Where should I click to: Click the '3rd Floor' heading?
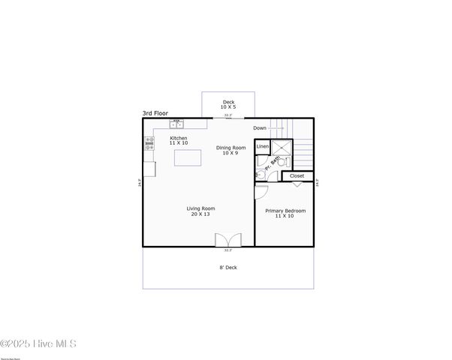tap(155, 113)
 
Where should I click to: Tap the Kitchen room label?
tap(179, 138)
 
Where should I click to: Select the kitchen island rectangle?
tap(188, 157)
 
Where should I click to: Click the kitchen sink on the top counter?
tap(177, 123)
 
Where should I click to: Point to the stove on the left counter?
tap(149, 144)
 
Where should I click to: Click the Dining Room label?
tap(231, 148)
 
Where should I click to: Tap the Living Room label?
tap(201, 208)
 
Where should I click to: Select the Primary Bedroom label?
tap(285, 211)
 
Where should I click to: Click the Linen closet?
tap(263, 146)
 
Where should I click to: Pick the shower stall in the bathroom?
tap(282, 148)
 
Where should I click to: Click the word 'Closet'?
tap(297, 175)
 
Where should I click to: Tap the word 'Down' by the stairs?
tap(260, 128)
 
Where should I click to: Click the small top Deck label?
tap(228, 102)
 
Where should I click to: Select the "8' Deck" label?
tap(228, 268)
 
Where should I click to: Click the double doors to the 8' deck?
tap(228, 240)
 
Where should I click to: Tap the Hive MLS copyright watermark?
tap(38, 344)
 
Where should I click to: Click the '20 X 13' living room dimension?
tap(201, 214)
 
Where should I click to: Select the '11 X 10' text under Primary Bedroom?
tap(285, 217)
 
